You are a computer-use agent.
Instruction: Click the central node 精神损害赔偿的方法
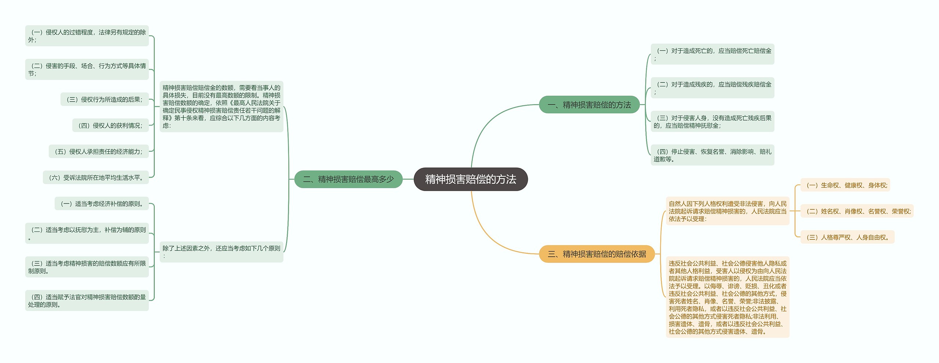coord(470,179)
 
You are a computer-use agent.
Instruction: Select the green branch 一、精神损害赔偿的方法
coord(589,105)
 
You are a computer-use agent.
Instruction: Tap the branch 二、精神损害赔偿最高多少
coord(348,179)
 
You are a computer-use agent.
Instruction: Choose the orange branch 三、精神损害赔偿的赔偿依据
coord(596,254)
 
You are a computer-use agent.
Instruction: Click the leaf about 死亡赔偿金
coord(712,54)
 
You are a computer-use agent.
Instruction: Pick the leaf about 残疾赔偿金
coord(712,88)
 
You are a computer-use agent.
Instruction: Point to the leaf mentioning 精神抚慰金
coord(712,121)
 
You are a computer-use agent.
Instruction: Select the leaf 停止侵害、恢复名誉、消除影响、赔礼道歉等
coord(712,155)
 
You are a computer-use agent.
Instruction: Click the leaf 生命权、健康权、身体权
coord(845,185)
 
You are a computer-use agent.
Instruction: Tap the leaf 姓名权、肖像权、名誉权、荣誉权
coord(856,211)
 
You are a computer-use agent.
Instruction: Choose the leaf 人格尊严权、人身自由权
coord(847,237)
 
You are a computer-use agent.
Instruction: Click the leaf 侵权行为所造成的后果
coord(105,99)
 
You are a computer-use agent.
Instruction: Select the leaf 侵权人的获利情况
coord(110,125)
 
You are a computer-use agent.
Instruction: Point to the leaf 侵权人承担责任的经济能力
coord(99,151)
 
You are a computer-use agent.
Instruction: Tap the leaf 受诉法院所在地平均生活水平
coord(96,177)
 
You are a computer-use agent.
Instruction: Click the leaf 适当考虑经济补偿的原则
coord(102,203)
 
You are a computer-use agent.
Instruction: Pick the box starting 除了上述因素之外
coord(221,252)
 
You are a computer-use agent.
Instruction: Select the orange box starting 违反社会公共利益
coord(727,297)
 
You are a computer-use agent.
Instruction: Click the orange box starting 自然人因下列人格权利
coord(727,211)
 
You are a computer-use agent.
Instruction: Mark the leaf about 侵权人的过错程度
coord(87,36)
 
